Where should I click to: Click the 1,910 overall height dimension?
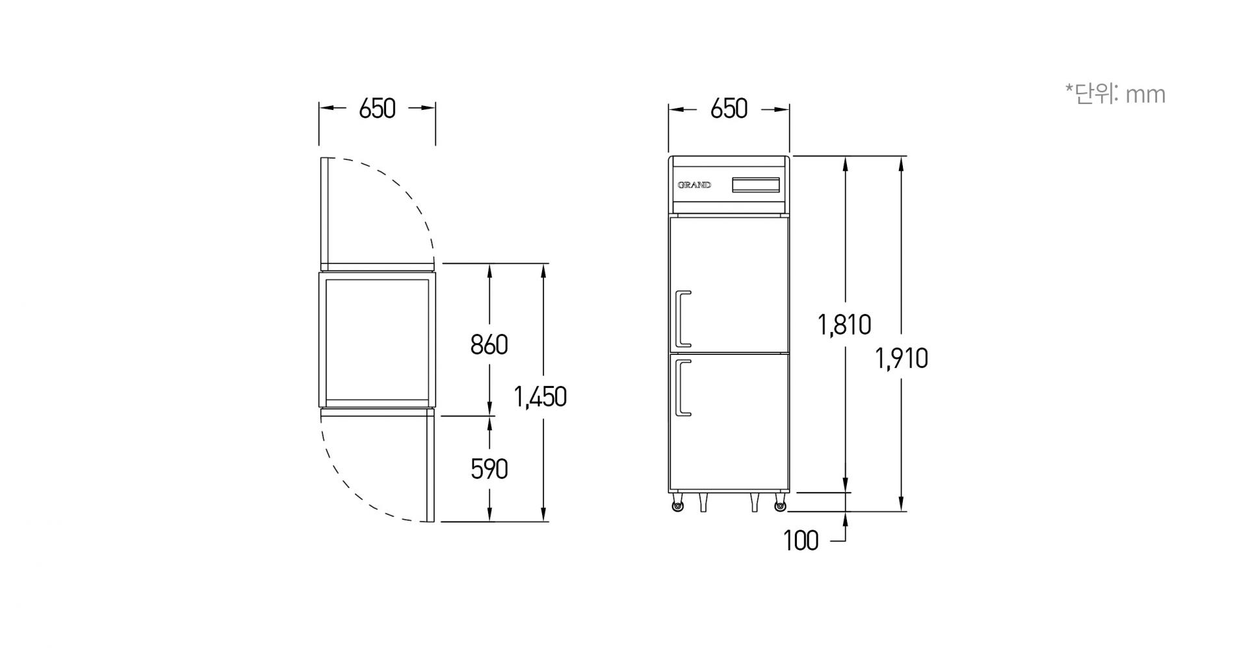(x=902, y=358)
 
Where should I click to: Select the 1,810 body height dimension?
(x=844, y=324)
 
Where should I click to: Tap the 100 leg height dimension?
(x=801, y=541)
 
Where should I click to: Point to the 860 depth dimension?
(x=489, y=345)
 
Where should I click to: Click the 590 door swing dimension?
(x=489, y=469)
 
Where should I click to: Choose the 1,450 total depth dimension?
(x=540, y=396)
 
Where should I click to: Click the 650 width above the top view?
(x=377, y=109)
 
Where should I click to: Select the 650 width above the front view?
(x=729, y=109)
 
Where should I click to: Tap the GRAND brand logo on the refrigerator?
(x=694, y=185)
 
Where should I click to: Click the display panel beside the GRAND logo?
(x=756, y=185)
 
